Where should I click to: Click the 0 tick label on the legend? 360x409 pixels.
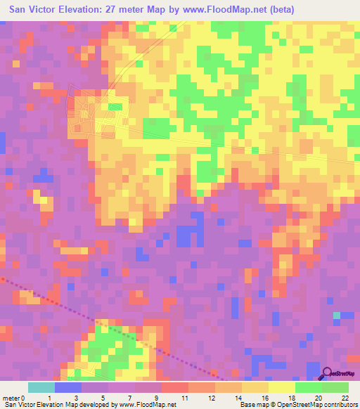click(x=25, y=398)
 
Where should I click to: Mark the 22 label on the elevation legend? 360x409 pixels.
click(x=345, y=398)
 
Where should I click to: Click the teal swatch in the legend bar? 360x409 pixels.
click(x=41, y=387)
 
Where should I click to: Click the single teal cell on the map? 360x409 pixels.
click(x=337, y=315)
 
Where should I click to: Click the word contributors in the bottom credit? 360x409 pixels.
click(x=341, y=405)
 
